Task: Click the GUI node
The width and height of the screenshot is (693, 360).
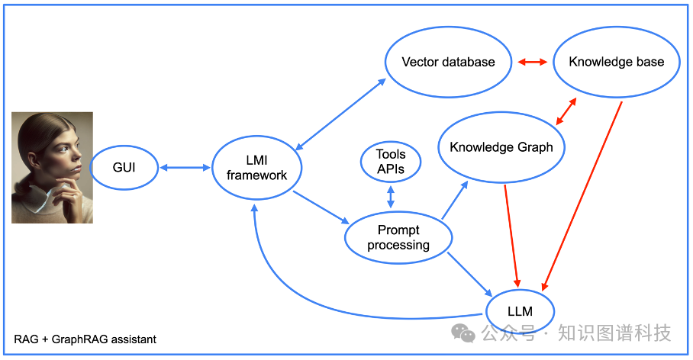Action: (124, 166)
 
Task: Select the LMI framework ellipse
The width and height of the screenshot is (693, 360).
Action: (256, 167)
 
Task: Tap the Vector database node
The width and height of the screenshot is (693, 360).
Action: (448, 62)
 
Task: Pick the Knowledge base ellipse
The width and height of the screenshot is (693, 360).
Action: (616, 62)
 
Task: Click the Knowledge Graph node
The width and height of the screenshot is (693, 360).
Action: (501, 147)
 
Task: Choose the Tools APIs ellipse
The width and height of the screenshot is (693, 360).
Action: (391, 162)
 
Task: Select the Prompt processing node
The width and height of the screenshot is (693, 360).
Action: (398, 237)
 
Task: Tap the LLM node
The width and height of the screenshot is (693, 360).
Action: (520, 311)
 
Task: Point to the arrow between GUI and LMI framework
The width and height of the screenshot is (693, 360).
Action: (184, 166)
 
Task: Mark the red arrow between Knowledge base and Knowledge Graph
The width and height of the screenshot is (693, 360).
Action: (566, 111)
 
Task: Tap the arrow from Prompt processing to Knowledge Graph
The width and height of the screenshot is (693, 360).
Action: (455, 201)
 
